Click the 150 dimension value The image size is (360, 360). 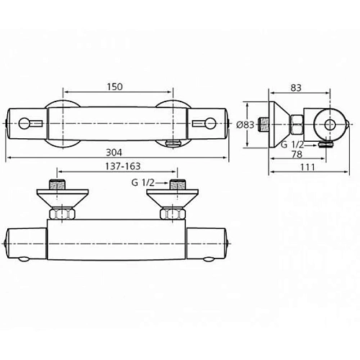tap(115, 86)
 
